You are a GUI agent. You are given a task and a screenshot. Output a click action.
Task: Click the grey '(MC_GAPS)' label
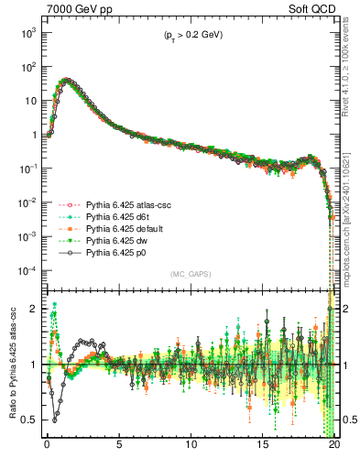click(191, 274)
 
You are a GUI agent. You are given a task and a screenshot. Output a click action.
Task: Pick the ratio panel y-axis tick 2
click(35, 309)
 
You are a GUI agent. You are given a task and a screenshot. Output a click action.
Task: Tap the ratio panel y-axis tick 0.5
click(31, 420)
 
